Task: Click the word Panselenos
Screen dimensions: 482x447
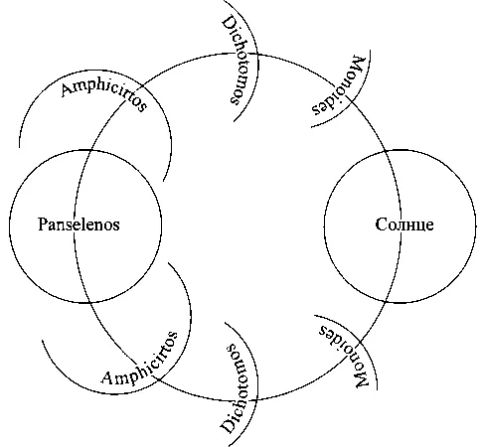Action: point(79,224)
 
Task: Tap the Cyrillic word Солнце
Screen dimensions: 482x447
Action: point(404,224)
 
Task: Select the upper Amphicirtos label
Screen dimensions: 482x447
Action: point(104,95)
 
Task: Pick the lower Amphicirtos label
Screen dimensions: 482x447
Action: point(140,360)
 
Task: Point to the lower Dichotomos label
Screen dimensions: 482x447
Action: point(240,389)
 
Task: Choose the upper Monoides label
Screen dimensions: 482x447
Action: point(339,86)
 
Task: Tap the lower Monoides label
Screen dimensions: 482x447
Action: point(344,356)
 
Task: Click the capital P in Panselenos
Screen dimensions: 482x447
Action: point(43,224)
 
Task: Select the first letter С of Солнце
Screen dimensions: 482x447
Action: point(381,224)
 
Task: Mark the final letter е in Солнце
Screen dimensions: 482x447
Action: point(429,225)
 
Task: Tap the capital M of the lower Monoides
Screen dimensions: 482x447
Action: point(361,379)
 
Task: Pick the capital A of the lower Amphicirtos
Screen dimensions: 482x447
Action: point(108,378)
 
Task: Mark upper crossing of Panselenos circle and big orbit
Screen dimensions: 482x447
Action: point(90,150)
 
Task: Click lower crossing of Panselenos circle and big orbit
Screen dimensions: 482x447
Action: point(89,302)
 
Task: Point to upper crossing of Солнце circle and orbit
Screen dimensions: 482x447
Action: point(385,151)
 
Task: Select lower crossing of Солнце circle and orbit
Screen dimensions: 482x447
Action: point(385,302)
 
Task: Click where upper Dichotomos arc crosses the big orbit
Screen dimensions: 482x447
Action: point(256,54)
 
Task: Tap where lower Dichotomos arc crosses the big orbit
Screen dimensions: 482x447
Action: point(256,399)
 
